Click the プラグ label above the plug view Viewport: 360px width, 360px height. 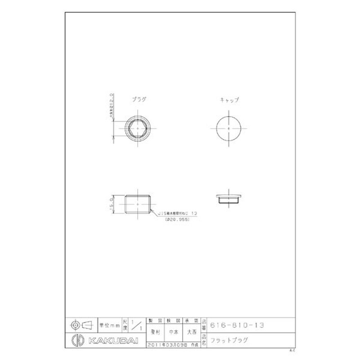tap(139, 100)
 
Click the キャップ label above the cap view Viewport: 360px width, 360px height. tap(229, 100)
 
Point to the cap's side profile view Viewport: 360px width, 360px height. tap(229, 198)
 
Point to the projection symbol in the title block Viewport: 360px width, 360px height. tap(82, 324)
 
